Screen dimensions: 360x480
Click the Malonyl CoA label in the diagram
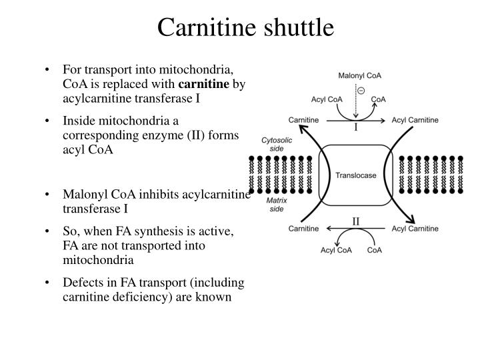coord(361,76)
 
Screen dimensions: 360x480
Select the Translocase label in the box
coord(356,175)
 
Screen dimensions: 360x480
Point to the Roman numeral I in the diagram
coord(356,127)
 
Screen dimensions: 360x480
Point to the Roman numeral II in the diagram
coord(356,221)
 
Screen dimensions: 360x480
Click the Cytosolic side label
coord(275,144)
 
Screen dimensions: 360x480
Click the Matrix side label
coord(275,204)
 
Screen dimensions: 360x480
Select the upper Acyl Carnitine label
coord(415,119)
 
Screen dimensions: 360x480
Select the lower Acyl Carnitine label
coord(415,229)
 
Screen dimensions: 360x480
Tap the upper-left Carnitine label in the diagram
coord(303,119)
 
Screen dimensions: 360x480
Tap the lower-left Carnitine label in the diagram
coord(303,229)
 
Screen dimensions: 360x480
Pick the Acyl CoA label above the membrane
coord(327,99)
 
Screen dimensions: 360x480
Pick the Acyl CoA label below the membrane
coord(336,250)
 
